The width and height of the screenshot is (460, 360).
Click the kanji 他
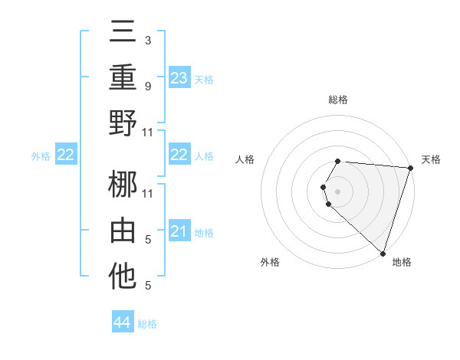coord(123,277)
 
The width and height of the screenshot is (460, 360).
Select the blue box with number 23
coord(179,77)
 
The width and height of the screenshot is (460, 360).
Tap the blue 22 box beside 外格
coord(65,155)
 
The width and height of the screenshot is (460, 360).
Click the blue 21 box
coord(179,231)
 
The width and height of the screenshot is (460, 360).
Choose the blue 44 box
coord(123,322)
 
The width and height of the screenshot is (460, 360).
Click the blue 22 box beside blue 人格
coord(179,155)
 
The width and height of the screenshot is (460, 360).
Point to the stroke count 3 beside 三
coord(147,40)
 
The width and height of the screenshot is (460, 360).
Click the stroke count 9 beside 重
coord(147,87)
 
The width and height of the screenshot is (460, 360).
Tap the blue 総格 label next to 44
coord(147,324)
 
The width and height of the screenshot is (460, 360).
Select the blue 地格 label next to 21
coord(204,232)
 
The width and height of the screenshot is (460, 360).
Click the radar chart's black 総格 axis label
coord(337,100)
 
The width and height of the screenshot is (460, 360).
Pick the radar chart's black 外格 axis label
coord(270,262)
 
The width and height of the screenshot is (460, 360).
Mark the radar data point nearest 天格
coord(410,168)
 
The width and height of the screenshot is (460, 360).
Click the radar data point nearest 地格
coord(383,253)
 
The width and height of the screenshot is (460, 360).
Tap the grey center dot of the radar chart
coord(337,191)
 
